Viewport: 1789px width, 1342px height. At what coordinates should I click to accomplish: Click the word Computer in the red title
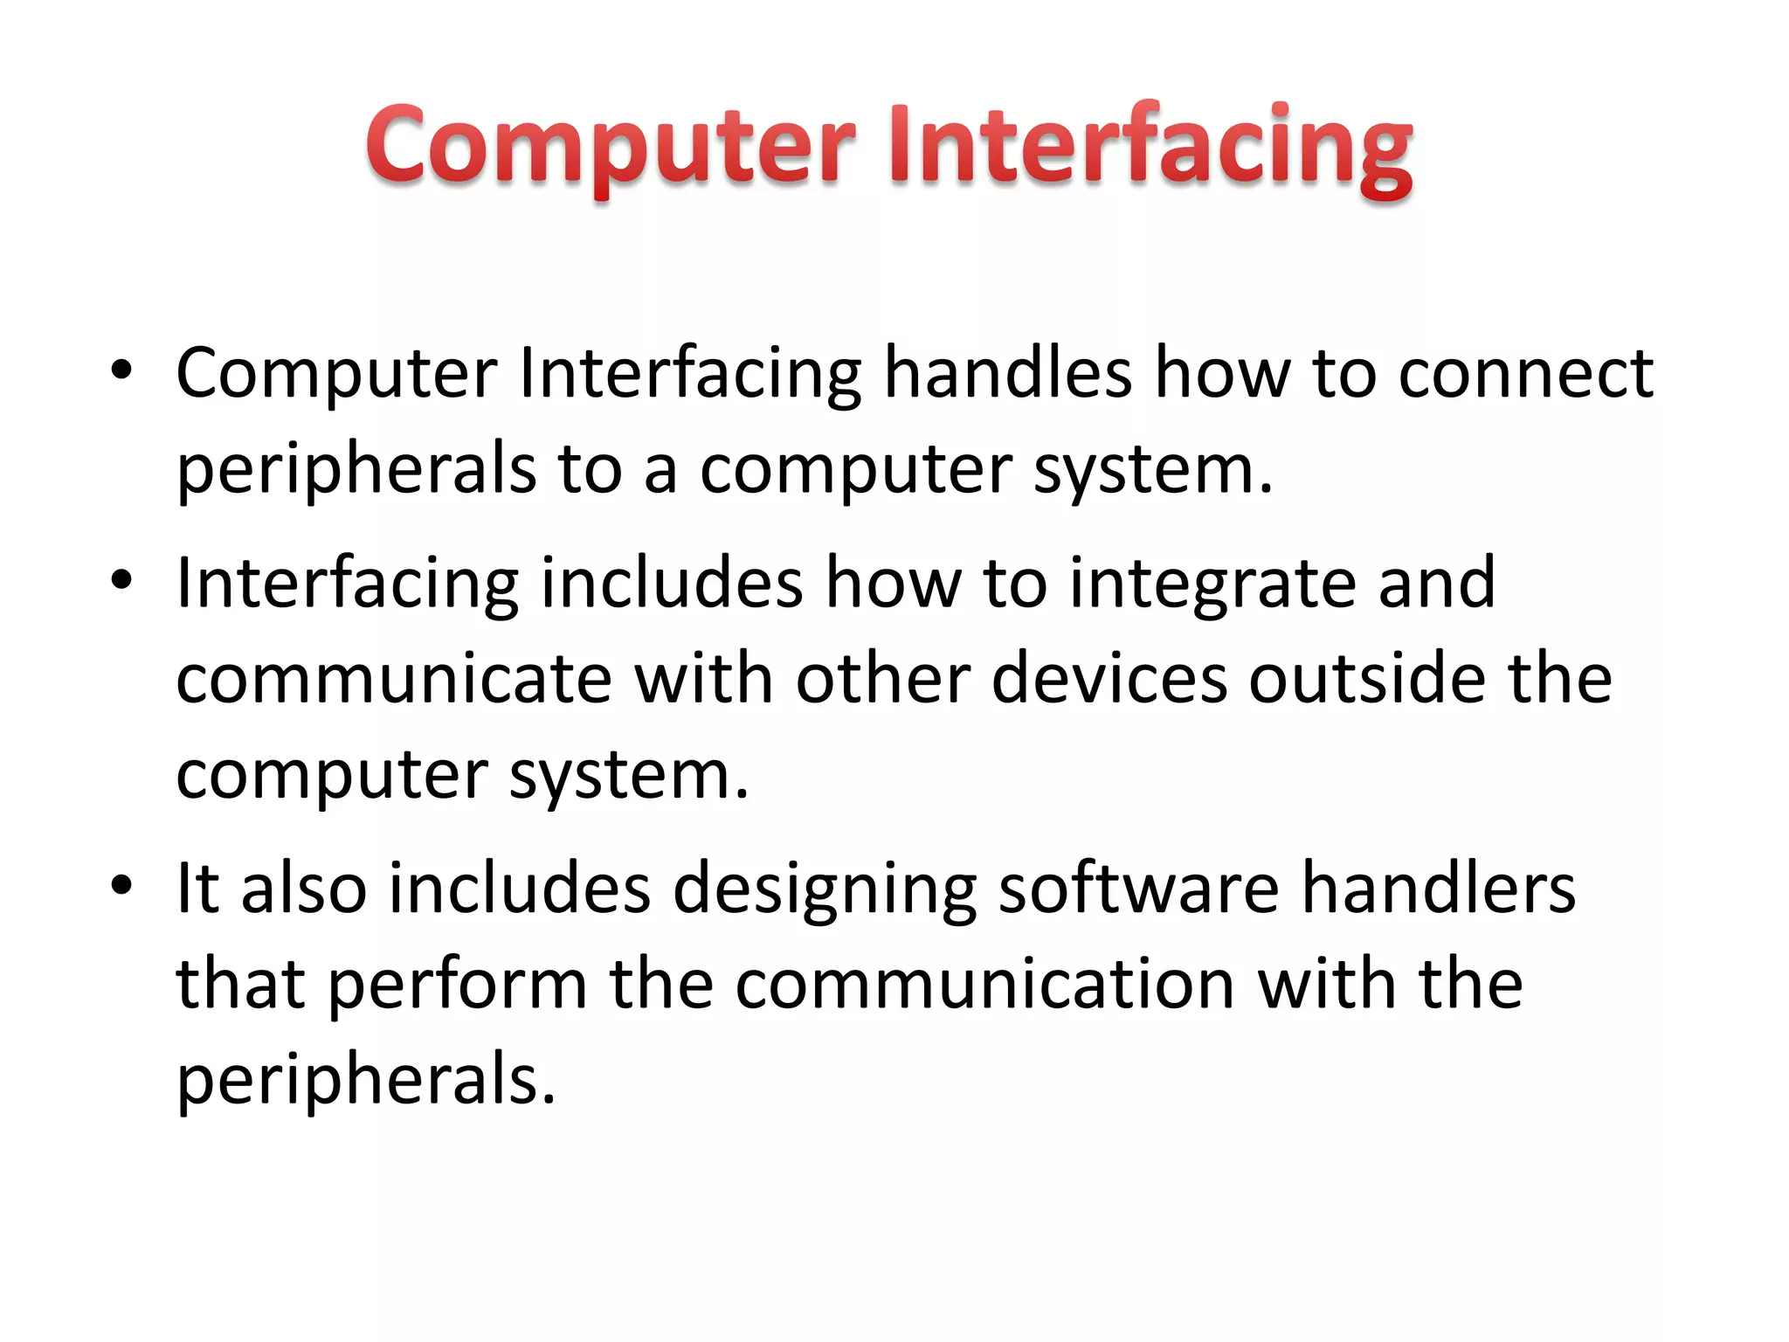(610, 145)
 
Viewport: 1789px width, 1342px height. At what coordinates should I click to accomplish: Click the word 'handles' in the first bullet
(1007, 373)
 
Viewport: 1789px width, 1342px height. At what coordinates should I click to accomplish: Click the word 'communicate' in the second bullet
(394, 679)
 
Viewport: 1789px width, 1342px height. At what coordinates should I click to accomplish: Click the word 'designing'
(825, 889)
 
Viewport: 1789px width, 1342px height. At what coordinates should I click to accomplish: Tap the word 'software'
(1138, 889)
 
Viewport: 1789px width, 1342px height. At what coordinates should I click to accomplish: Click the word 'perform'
(457, 986)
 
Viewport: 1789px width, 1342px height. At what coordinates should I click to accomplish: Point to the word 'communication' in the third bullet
(984, 985)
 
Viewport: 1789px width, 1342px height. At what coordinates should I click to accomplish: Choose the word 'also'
(303, 889)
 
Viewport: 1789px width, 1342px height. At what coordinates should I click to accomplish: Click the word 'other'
(882, 679)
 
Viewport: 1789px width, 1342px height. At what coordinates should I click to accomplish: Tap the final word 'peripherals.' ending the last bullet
(366, 1081)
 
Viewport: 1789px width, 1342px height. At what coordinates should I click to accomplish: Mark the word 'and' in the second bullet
(1436, 583)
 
